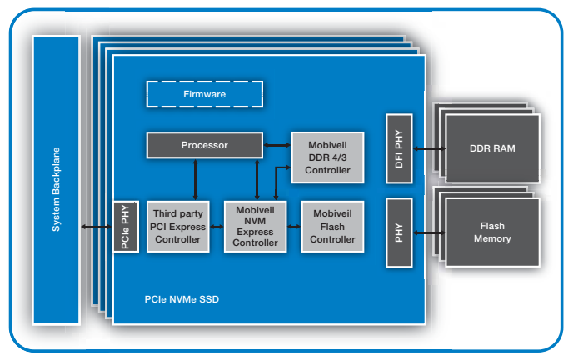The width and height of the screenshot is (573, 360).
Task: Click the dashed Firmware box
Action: click(x=205, y=94)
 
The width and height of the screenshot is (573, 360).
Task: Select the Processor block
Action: click(x=204, y=145)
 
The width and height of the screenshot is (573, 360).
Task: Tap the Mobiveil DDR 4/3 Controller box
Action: click(x=326, y=157)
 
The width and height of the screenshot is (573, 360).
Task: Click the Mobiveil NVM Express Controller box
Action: click(x=255, y=226)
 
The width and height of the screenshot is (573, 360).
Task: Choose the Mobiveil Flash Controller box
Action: click(x=332, y=227)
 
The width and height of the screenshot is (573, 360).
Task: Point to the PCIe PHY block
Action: click(x=126, y=227)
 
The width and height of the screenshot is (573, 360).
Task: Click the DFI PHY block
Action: click(x=399, y=149)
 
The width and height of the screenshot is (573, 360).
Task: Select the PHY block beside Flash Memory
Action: click(x=399, y=232)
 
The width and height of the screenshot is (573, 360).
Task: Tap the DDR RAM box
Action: click(x=492, y=149)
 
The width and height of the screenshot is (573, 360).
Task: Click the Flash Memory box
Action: click(x=492, y=232)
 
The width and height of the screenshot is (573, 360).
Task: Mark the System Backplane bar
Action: click(x=57, y=179)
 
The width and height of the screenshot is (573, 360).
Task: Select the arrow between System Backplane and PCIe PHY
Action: click(x=97, y=227)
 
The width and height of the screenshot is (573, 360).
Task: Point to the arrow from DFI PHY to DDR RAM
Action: click(x=429, y=149)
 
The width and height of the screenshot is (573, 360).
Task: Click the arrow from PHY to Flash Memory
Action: click(x=429, y=232)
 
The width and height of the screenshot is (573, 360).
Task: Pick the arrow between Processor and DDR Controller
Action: click(x=277, y=145)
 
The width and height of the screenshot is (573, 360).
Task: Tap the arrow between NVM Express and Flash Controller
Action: click(x=294, y=226)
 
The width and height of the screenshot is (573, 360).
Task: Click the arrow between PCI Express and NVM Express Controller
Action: click(x=216, y=226)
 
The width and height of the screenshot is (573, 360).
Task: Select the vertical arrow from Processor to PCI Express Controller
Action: click(x=195, y=178)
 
